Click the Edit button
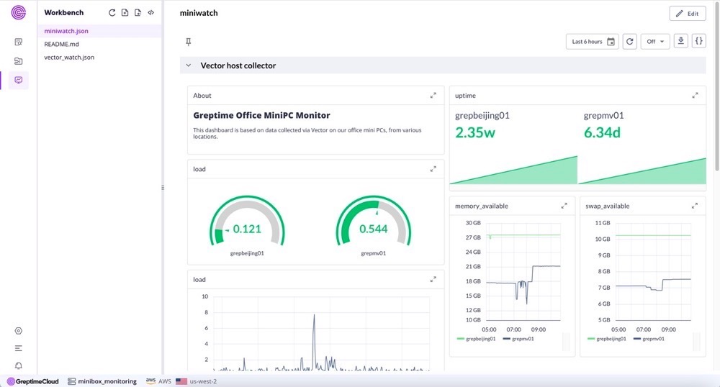[687, 14]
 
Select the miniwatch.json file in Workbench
[66, 31]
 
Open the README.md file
[61, 44]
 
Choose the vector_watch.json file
[69, 57]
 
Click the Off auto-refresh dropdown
[655, 42]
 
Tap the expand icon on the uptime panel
[695, 96]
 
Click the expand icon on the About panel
[433, 96]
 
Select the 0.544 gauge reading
[374, 229]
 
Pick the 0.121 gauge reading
[247, 229]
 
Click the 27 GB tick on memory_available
[473, 237]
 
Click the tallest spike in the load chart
[314, 316]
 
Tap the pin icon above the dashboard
[189, 42]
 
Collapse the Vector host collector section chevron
[189, 65]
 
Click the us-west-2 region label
[204, 381]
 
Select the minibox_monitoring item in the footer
[103, 381]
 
